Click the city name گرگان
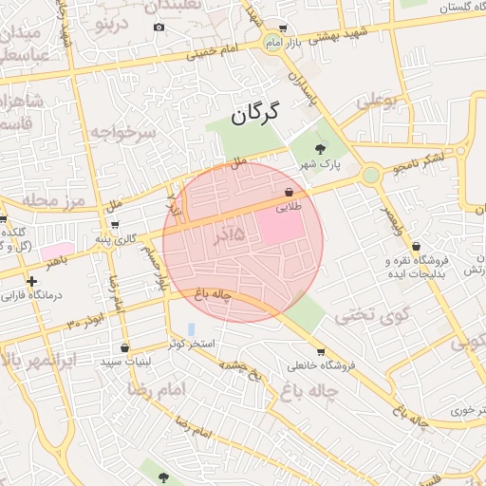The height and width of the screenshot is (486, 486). [256, 115]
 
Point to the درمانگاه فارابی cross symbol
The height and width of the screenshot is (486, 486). [32, 281]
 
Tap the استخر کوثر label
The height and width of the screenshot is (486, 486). [193, 343]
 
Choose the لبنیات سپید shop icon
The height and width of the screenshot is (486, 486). [124, 347]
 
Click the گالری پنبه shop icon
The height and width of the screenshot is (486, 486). [115, 225]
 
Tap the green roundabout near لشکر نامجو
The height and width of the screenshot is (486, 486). [370, 175]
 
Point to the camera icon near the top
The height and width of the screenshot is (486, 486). [159, 27]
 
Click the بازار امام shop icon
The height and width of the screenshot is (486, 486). [285, 28]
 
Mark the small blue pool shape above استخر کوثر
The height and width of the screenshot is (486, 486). [192, 328]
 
